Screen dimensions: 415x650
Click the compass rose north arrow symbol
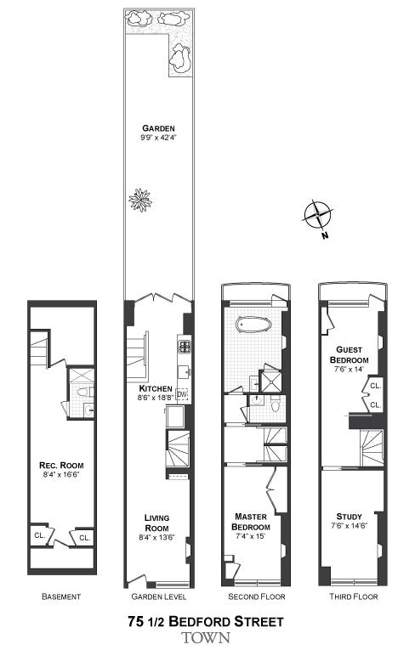tap(318, 215)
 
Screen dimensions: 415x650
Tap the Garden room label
tap(158, 128)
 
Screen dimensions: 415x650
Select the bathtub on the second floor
tap(253, 325)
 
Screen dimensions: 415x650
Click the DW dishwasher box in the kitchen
tap(182, 393)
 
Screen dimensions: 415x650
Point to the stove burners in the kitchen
tap(185, 347)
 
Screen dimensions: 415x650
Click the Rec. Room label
tap(61, 465)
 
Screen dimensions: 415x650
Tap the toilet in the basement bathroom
tap(86, 393)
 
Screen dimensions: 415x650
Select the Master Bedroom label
tap(251, 522)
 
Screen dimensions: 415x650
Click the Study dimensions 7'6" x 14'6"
tap(349, 527)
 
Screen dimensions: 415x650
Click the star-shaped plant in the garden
tap(140, 201)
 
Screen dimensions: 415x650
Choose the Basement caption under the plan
tap(61, 596)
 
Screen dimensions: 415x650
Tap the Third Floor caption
tap(353, 596)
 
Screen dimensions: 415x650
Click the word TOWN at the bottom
tap(206, 637)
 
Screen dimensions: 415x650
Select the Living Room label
tap(156, 523)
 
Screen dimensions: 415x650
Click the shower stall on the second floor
tap(270, 381)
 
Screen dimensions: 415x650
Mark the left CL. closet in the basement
tap(39, 535)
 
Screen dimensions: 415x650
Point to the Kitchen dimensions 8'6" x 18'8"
tap(156, 397)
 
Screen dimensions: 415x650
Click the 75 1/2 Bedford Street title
tap(206, 621)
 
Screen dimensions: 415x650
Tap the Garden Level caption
tap(158, 596)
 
